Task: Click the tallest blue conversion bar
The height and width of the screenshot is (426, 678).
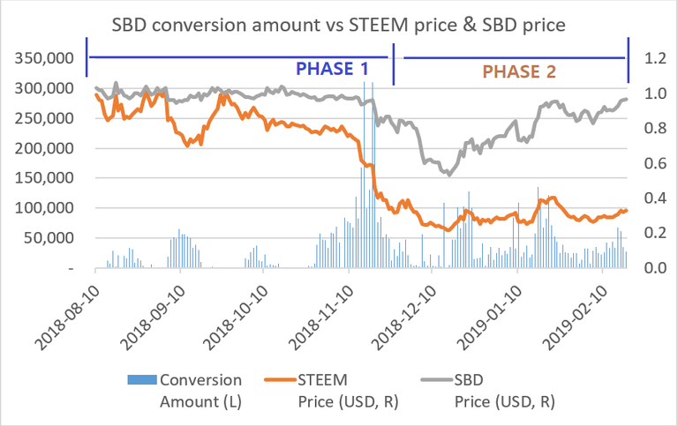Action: coord(373,176)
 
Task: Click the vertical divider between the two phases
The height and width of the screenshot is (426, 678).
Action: coord(394,62)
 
